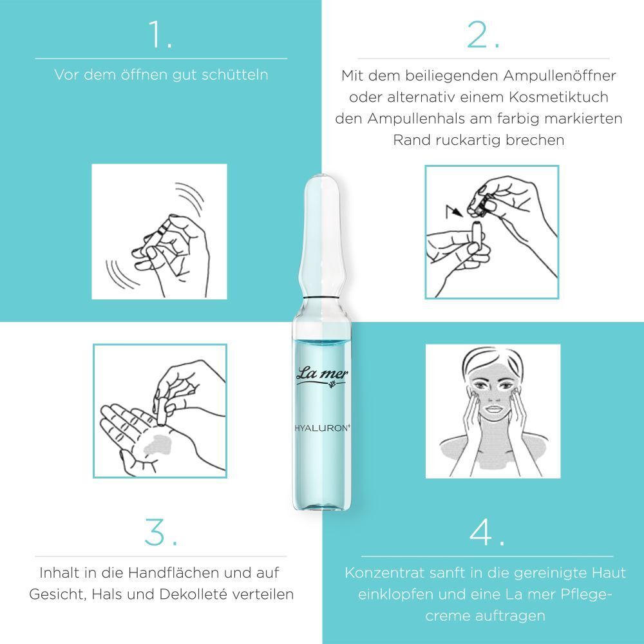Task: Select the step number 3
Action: [160, 532]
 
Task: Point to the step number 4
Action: [487, 532]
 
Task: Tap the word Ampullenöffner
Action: [560, 75]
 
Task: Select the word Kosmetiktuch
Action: [558, 97]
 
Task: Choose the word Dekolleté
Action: [193, 594]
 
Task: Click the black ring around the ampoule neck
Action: [321, 297]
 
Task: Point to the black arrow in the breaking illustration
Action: [454, 211]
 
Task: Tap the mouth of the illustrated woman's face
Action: [494, 409]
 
